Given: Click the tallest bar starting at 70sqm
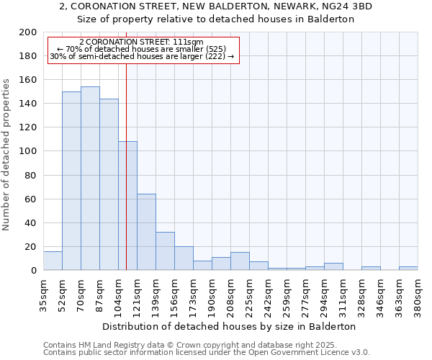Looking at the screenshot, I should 90,179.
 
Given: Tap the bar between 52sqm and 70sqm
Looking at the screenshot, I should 71,181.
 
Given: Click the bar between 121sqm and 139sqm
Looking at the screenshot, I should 146,232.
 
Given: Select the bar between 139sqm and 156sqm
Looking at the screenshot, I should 165,251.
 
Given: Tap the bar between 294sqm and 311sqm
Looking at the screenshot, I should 333,266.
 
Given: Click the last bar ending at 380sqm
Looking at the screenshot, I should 408,269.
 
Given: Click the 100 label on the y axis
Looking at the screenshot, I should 28,151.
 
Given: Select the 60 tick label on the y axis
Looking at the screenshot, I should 31,199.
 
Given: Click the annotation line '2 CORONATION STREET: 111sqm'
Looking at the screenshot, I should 141,42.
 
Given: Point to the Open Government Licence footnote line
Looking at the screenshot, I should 207,353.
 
